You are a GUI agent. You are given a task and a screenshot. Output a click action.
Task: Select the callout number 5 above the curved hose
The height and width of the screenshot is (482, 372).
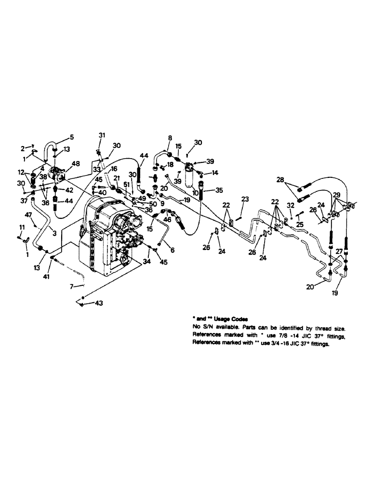click(x=72, y=136)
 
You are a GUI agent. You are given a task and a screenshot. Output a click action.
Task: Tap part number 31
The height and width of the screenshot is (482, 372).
click(x=102, y=135)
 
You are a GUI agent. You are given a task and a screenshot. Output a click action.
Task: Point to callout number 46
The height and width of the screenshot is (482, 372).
click(x=168, y=219)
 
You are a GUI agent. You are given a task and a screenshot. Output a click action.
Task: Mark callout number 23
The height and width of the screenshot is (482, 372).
click(x=245, y=199)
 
